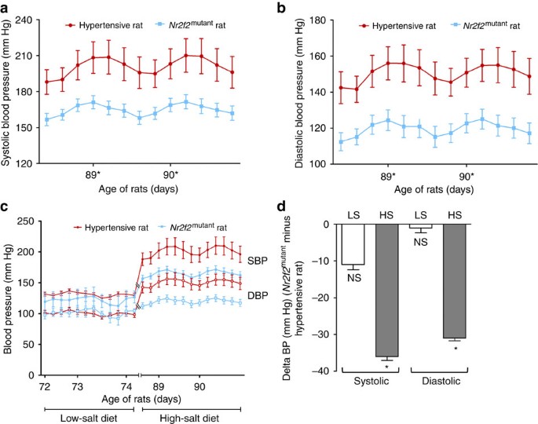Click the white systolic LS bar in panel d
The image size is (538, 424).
pos(353,243)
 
